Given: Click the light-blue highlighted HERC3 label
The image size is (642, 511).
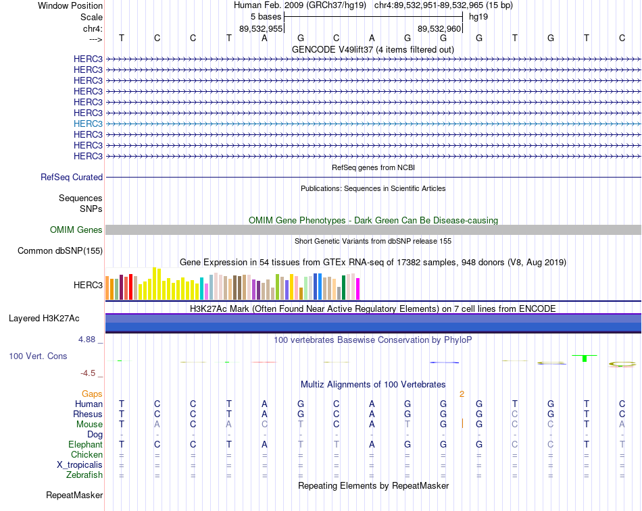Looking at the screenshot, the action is (88, 124).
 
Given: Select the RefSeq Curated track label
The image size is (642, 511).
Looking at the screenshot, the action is (72, 177).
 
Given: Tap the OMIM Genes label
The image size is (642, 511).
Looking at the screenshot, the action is (76, 230).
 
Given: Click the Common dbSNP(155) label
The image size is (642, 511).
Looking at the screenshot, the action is (60, 251).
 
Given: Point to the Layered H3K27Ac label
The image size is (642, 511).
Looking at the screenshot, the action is (44, 319).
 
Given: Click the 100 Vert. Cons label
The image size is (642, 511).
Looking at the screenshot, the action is (38, 356).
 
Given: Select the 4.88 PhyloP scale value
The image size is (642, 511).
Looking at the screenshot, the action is (87, 339).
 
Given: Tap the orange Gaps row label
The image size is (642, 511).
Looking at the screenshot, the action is (92, 394).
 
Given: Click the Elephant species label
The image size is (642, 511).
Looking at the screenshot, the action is (85, 444).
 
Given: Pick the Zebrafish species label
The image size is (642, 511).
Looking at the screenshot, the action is (84, 475).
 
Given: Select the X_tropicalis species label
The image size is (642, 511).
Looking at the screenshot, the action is (80, 465).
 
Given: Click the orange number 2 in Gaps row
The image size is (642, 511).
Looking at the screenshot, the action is (462, 394).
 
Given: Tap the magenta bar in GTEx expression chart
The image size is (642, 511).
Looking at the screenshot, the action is (358, 289).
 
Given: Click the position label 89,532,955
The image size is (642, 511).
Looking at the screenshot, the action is (261, 28).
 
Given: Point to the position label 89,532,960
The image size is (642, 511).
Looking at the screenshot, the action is (439, 28).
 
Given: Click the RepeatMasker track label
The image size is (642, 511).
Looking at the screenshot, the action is (74, 495).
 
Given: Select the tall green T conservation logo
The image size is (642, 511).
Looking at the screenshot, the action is (585, 358).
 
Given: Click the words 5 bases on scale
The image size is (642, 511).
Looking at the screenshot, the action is (266, 17).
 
